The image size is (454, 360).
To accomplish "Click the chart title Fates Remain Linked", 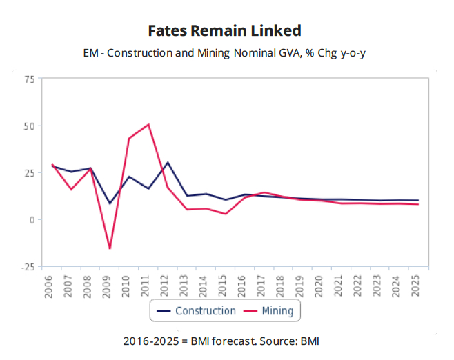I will [225, 31].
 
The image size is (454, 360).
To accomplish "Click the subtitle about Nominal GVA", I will [225, 52].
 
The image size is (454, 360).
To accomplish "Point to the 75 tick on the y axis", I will [29, 79].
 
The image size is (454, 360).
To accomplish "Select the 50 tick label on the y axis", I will [29, 126].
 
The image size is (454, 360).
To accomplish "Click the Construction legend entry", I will [197, 311].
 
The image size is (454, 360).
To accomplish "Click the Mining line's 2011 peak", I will [148, 125].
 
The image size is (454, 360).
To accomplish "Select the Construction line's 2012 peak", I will [168, 163].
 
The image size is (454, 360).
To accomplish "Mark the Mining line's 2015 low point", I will [226, 214].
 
